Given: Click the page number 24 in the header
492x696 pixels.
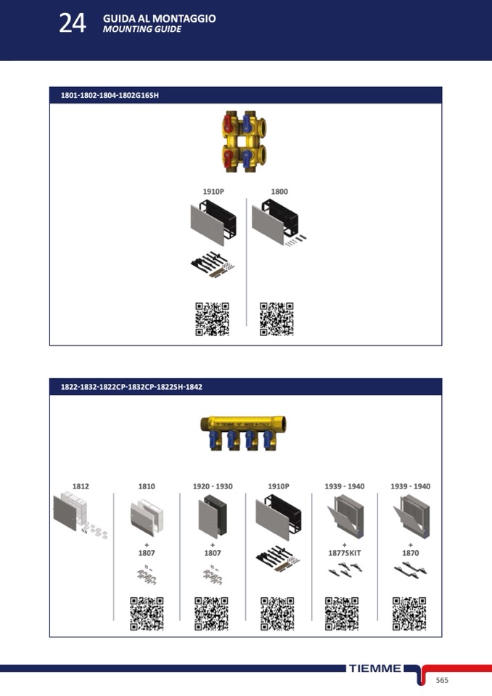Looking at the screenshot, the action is (73, 23).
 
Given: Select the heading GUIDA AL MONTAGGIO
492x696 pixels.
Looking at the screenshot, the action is (159, 19).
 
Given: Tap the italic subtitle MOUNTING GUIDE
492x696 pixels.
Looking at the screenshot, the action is (142, 29).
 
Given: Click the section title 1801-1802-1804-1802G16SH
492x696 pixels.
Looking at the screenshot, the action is (110, 95).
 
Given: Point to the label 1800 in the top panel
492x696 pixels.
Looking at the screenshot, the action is (279, 192).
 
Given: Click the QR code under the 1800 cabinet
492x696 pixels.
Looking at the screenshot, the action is (276, 319).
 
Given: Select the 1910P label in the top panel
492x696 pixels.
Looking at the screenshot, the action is (213, 192).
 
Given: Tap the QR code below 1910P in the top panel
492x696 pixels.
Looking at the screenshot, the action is (213, 319).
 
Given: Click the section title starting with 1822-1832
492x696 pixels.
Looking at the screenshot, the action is (131, 387).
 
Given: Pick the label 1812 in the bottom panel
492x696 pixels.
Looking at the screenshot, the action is (81, 486).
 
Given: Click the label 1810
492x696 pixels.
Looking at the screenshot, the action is (147, 486).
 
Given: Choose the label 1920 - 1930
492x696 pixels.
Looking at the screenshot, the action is (213, 486).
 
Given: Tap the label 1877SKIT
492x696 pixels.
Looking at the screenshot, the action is (344, 553).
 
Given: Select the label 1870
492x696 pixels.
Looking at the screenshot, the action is (411, 553).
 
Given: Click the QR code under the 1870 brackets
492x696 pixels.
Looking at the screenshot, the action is (409, 614).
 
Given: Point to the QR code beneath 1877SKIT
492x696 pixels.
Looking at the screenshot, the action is (342, 614).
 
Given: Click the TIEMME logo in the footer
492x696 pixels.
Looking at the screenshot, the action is (375, 668).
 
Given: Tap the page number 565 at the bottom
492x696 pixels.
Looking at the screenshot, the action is (442, 680).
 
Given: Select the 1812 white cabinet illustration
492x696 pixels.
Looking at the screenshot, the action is (80, 515).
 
